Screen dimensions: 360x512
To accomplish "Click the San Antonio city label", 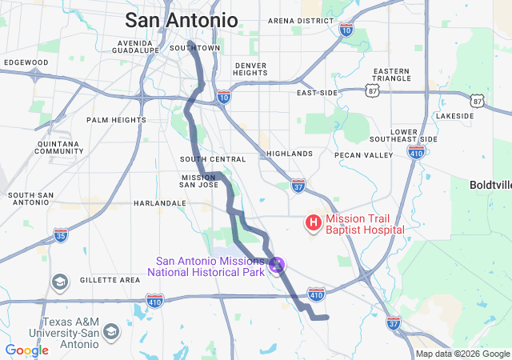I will (182, 20).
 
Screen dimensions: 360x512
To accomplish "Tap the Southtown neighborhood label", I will (189, 48).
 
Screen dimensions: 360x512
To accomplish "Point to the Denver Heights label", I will (250, 69).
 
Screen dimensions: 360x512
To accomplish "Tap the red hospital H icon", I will (314, 221).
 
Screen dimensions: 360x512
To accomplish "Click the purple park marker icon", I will (278, 263).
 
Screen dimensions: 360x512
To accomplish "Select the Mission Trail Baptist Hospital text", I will (364, 224).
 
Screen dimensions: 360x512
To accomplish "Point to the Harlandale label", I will (159, 203).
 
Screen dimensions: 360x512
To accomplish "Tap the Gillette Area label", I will (110, 280).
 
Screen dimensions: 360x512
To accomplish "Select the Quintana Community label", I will (59, 147).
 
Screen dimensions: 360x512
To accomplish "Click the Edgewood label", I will (26, 62).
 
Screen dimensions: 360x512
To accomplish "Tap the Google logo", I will (26, 350).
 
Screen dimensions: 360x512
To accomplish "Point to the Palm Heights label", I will (117, 120).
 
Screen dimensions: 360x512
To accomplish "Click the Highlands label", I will (290, 153).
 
